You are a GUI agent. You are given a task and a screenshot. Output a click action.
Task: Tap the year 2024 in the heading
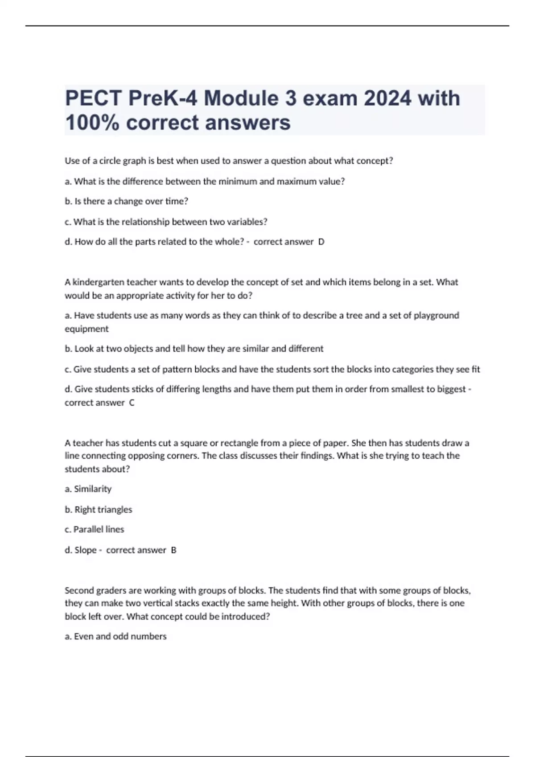coord(387,98)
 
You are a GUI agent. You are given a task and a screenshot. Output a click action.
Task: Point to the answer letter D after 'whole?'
coord(321,242)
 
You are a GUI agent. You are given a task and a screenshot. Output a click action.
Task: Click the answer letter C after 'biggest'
coord(132,403)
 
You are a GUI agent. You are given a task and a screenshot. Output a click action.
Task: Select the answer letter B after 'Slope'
coord(173,550)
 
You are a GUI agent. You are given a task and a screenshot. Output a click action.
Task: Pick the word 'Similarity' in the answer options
coord(93,489)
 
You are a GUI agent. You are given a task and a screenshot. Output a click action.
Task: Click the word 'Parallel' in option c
coord(88,529)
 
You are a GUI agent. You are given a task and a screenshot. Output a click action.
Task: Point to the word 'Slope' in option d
coord(86,550)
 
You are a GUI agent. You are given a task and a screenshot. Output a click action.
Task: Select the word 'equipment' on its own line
coord(86,329)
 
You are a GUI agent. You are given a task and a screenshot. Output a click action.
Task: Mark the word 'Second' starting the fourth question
coord(79,590)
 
